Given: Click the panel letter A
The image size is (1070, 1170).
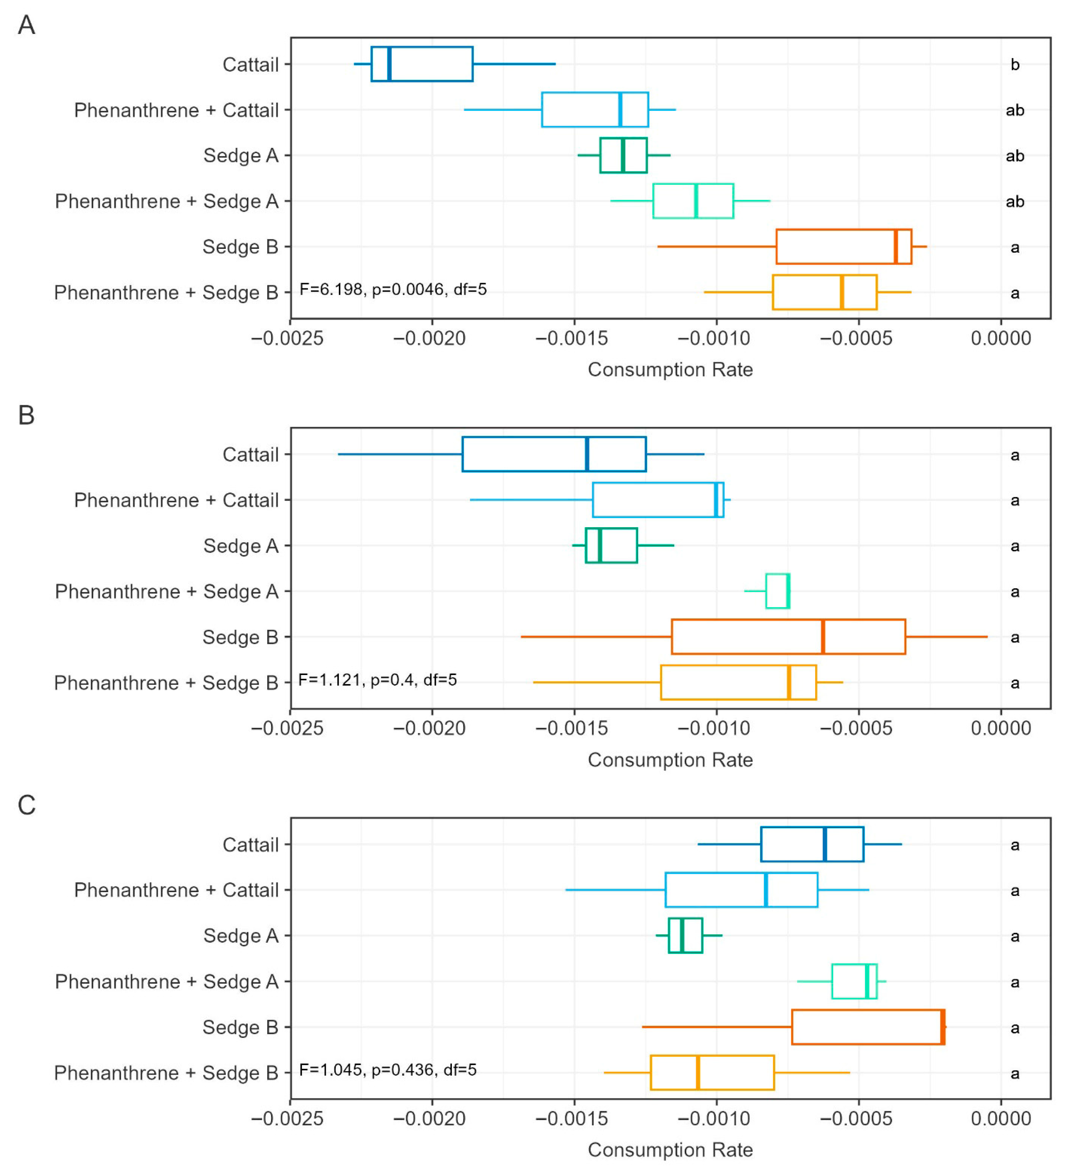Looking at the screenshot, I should [x=27, y=25].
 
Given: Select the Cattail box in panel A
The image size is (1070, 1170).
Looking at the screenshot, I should [x=422, y=64].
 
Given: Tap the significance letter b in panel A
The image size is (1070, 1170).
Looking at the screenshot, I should [x=1015, y=64].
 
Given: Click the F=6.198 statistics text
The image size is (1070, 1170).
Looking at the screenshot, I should [x=393, y=289].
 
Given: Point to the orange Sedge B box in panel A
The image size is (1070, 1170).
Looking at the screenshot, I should [x=844, y=247].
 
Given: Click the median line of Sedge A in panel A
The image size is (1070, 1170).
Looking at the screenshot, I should [x=623, y=156].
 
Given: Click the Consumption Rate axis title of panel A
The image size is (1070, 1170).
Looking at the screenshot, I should [x=670, y=370].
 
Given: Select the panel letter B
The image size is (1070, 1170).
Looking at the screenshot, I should [x=27, y=416].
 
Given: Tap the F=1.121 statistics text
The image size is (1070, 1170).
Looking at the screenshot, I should [x=377, y=680].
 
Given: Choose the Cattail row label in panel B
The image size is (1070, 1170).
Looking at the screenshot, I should [x=251, y=454].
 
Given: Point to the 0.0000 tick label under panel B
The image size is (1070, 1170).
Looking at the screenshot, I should [x=1001, y=728].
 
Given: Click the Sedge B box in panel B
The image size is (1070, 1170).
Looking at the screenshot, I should [x=788, y=637].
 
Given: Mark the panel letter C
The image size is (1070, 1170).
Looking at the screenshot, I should [x=27, y=805].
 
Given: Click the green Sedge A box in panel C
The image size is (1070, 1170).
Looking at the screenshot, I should [x=686, y=935].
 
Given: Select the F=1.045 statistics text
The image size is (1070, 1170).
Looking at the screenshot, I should [x=388, y=1070].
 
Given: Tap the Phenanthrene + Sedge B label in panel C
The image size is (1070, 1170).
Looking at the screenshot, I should [x=166, y=1073].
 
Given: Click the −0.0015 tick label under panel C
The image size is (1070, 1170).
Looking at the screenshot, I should [x=572, y=1118].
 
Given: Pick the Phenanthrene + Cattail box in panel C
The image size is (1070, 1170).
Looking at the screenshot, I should [x=742, y=890].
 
